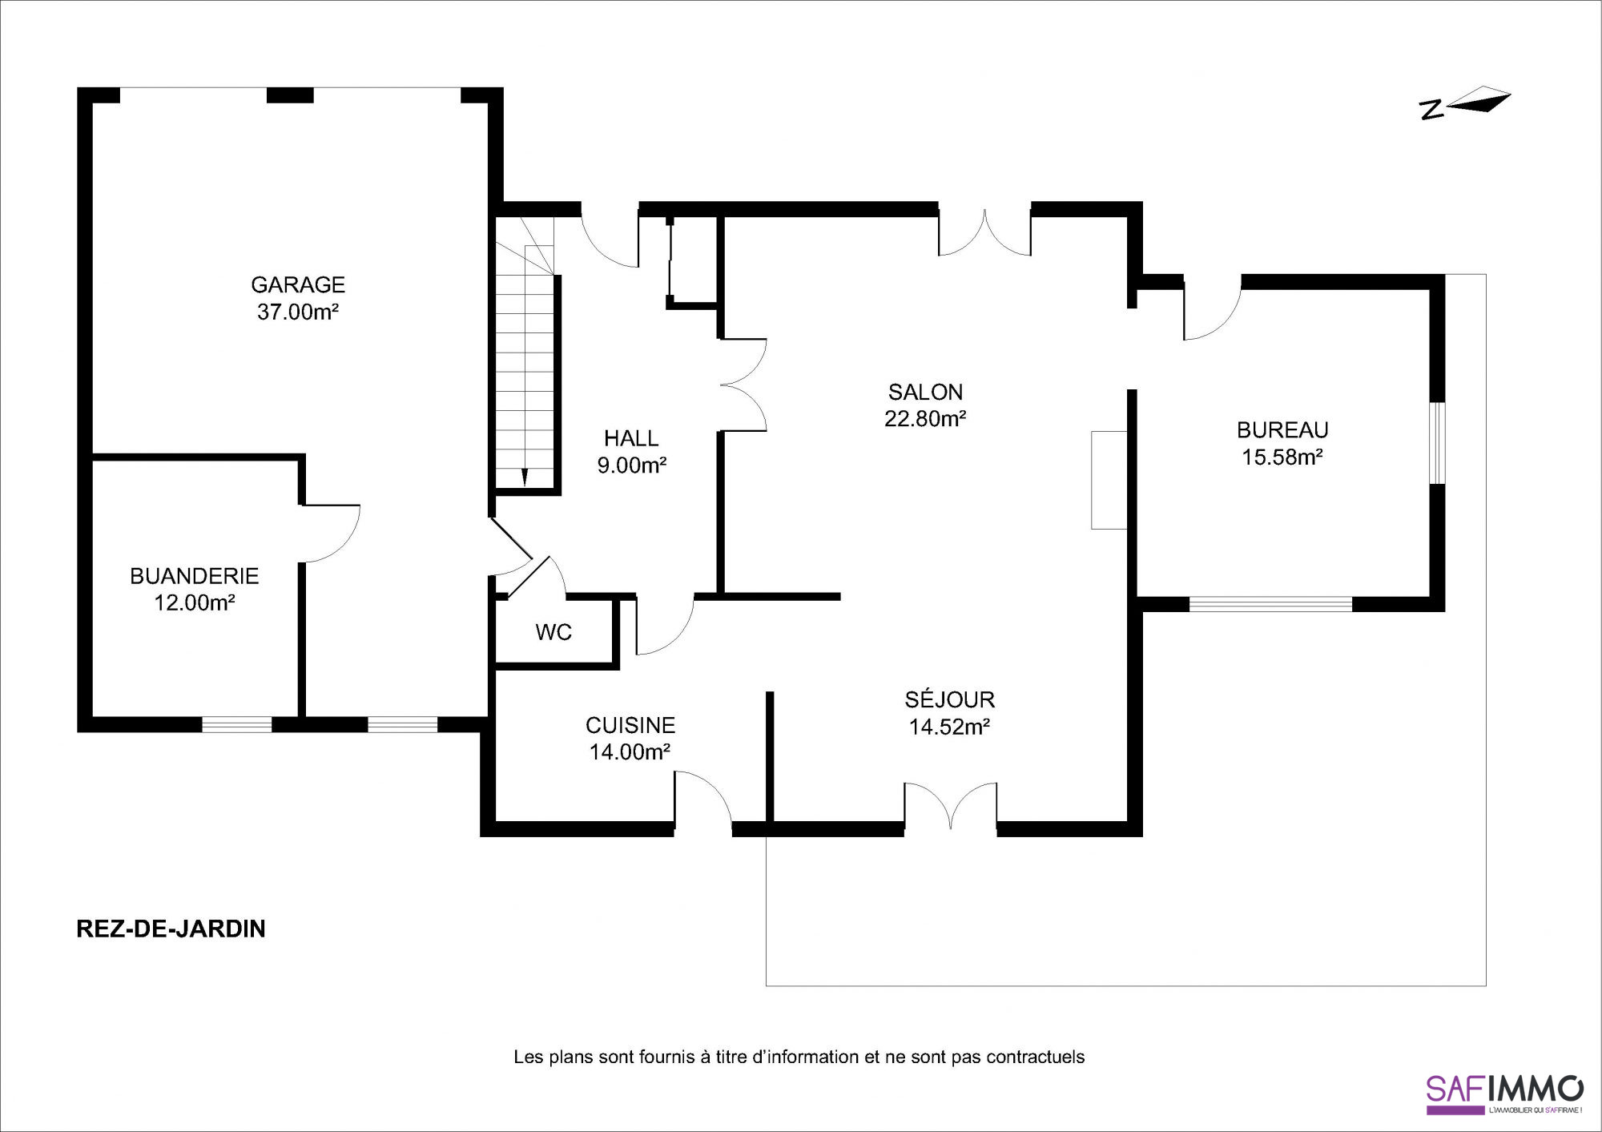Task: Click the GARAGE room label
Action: point(298,284)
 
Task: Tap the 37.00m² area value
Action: point(298,312)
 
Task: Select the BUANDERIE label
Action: point(195,576)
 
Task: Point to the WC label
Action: point(553,633)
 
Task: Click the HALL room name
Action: point(631,438)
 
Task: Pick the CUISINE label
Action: point(630,725)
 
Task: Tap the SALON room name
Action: point(925,392)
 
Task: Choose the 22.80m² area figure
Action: point(925,419)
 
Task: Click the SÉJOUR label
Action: point(950,699)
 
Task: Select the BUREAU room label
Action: point(1282,430)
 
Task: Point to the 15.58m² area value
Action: point(1282,457)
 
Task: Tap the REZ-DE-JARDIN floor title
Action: point(171,929)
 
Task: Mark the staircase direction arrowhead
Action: point(525,477)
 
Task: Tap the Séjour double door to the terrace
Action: point(951,805)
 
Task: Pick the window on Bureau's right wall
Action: point(1437,443)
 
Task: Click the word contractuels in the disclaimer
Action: point(1036,1057)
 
